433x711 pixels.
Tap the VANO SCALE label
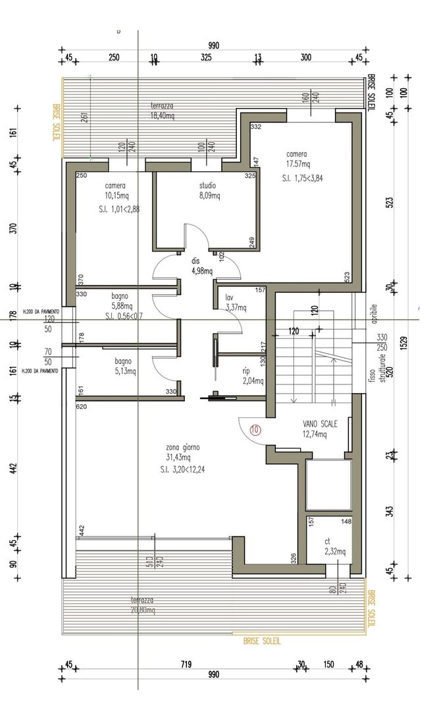click(320, 425)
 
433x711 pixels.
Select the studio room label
click(207, 186)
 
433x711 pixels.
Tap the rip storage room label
click(246, 371)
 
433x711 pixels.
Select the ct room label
click(327, 541)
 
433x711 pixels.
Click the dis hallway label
click(195, 261)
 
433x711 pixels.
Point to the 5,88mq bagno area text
click(123, 306)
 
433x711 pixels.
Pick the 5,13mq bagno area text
click(123, 371)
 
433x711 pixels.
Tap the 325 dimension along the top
click(206, 58)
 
